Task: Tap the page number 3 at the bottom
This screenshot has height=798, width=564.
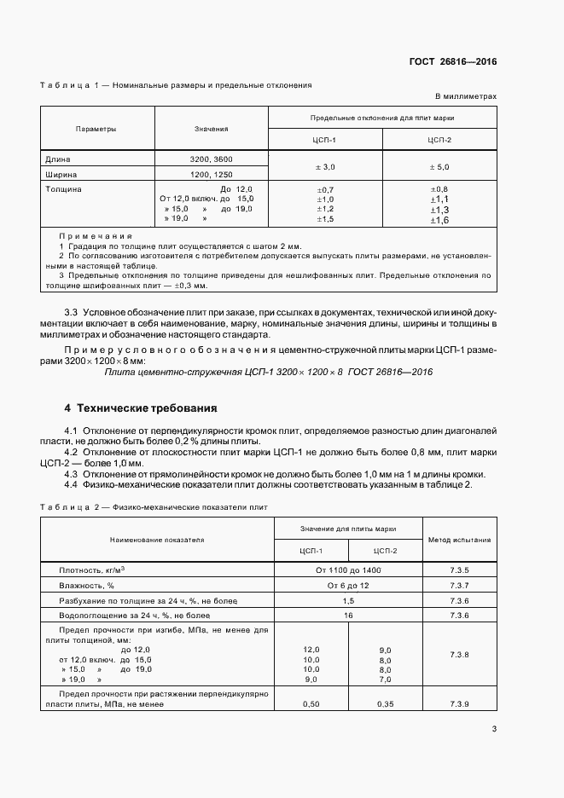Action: click(x=494, y=728)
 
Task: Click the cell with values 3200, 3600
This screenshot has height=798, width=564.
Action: click(x=211, y=159)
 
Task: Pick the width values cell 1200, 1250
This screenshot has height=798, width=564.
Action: click(x=211, y=174)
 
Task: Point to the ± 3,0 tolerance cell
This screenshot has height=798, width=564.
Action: click(x=326, y=167)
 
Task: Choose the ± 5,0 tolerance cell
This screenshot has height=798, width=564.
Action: click(x=439, y=167)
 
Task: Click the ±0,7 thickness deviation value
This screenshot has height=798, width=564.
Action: click(x=326, y=188)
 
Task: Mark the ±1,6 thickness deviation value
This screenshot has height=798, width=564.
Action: click(x=439, y=220)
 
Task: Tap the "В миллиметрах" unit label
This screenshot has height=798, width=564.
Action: click(x=466, y=97)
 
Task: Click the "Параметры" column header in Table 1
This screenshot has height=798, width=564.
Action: click(x=96, y=129)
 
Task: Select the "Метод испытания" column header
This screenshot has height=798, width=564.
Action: click(x=459, y=540)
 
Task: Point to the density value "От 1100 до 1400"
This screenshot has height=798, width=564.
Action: click(x=348, y=570)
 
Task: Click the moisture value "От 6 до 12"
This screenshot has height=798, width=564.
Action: click(x=348, y=585)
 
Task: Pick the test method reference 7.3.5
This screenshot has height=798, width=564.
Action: click(x=459, y=570)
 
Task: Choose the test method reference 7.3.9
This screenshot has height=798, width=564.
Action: click(x=459, y=704)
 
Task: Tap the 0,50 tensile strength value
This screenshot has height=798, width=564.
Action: click(x=311, y=704)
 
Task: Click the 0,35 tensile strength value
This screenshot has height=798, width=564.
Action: click(x=387, y=704)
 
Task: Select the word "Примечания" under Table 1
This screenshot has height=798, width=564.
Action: click(x=96, y=234)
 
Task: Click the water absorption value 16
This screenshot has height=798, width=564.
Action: click(x=348, y=615)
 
